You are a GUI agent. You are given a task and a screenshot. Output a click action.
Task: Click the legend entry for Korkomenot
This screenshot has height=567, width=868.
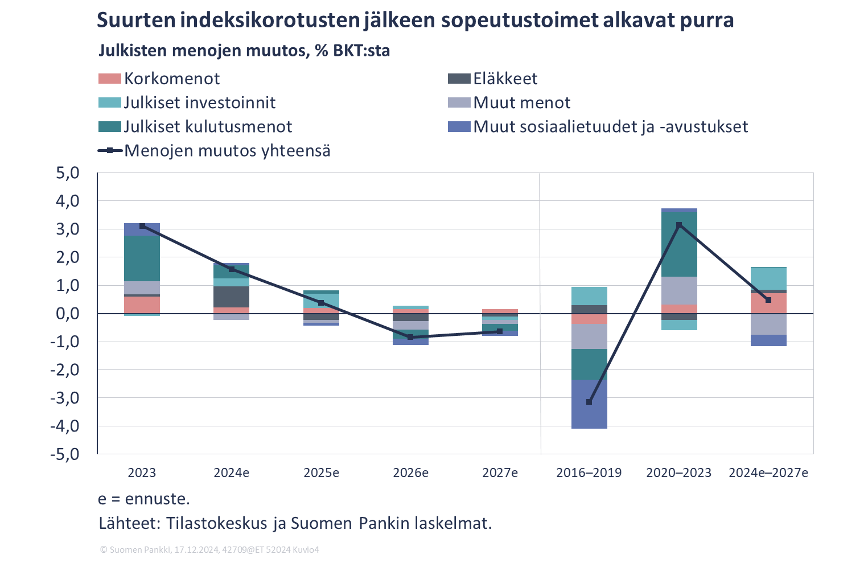click(171, 79)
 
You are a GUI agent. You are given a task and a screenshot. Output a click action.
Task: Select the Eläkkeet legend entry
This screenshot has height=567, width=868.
click(505, 79)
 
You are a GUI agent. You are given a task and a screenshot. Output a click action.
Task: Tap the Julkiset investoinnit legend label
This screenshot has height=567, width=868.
click(199, 102)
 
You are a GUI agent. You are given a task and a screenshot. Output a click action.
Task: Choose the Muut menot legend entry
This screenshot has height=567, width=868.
click(521, 102)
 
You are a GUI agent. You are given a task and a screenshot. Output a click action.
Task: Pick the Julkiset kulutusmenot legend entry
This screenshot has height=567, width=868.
click(208, 126)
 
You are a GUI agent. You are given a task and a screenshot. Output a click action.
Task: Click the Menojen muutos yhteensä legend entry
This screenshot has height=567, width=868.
click(227, 151)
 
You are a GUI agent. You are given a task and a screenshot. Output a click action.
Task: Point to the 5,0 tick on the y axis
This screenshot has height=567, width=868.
click(67, 173)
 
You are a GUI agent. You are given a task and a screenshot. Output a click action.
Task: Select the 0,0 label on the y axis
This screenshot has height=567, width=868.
click(67, 314)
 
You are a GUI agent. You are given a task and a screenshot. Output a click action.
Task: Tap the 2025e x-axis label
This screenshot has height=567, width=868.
click(321, 473)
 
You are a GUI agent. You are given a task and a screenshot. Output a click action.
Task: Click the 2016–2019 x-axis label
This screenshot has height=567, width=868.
click(589, 473)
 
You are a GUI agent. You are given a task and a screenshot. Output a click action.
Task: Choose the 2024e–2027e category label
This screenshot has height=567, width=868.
click(768, 473)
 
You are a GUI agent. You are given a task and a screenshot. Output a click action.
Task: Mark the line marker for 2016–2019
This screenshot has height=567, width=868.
click(589, 402)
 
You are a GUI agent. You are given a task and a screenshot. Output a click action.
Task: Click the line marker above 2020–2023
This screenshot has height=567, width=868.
click(678, 225)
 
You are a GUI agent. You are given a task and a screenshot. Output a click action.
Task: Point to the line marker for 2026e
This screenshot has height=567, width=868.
click(410, 337)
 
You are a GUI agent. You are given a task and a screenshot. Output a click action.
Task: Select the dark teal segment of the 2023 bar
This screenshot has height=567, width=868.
click(142, 258)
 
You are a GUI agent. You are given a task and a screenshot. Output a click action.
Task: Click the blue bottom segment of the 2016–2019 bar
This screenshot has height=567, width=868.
click(589, 404)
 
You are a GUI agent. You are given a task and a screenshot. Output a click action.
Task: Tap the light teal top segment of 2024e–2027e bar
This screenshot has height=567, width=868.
click(768, 278)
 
